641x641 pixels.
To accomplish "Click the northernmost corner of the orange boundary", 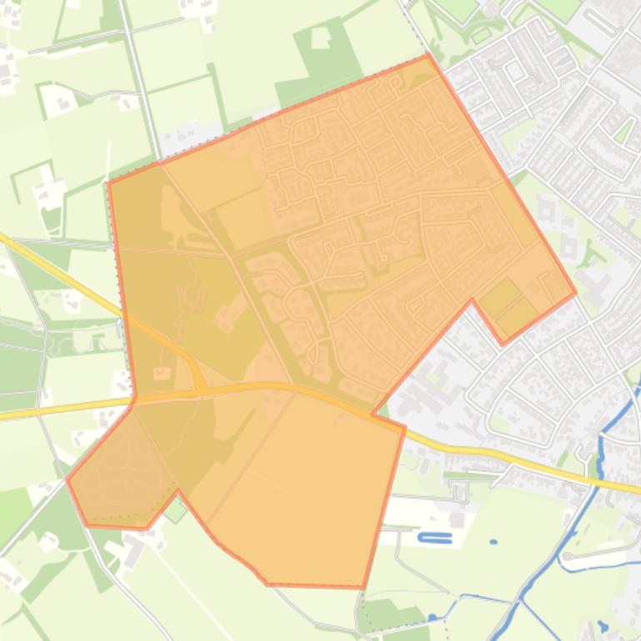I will tap(428, 55).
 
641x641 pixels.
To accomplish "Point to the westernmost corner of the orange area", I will tap(68, 480).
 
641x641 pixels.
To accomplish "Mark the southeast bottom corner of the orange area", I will tap(363, 587).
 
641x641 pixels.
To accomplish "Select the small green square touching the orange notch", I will tap(174, 509).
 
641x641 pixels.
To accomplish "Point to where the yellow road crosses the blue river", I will tap(598, 481).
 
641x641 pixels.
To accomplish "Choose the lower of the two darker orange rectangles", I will tap(518, 316).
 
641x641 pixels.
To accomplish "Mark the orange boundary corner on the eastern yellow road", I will tap(404, 428).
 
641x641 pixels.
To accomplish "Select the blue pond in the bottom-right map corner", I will tap(602, 626).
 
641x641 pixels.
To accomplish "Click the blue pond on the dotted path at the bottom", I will tap(433, 617).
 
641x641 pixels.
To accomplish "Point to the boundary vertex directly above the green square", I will tap(178, 491).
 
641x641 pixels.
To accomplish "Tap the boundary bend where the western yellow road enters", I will tap(133, 397).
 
